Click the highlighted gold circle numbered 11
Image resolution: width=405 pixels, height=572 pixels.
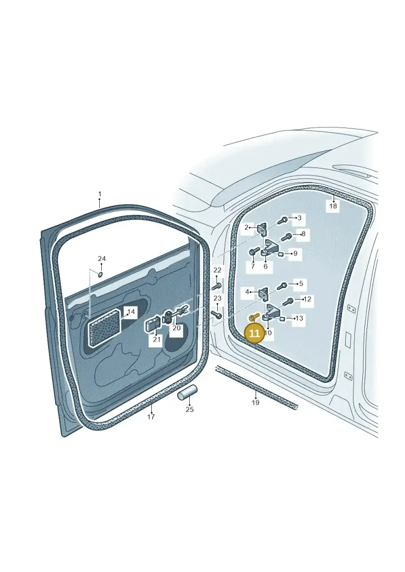coord(254,333)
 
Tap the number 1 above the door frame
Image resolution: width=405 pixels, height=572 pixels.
coord(100,194)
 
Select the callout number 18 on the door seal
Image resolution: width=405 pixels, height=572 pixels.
coord(333,206)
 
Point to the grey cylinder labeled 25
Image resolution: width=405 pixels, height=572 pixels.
coord(187,393)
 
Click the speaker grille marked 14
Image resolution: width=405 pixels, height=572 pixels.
coord(105,328)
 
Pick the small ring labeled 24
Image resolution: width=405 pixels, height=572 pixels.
coord(100,274)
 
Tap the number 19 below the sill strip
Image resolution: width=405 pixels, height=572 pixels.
coord(255,403)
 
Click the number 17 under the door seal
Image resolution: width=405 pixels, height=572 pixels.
coord(151,417)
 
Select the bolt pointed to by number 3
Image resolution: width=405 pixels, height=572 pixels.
coord(283,220)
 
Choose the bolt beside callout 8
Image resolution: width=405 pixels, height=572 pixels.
coord(286,237)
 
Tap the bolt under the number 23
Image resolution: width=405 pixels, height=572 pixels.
coord(216,314)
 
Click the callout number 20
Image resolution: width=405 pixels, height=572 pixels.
coord(176,328)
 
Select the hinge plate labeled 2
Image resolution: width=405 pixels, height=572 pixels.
coord(262,229)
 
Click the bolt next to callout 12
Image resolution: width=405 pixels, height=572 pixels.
coord(288,302)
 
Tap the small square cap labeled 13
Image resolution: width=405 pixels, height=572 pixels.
coord(282,319)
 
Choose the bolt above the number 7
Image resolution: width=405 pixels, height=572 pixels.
coord(253,252)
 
